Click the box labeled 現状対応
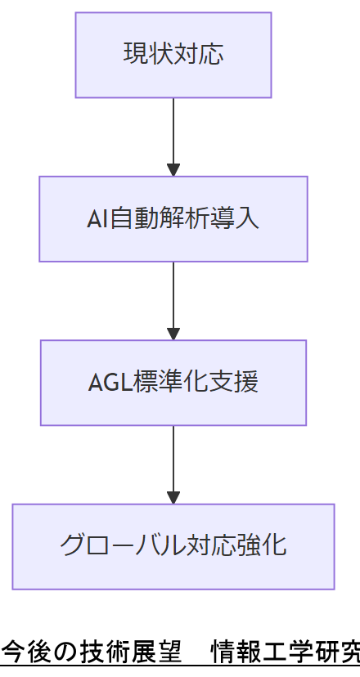click(x=173, y=55)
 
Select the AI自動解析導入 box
click(x=173, y=219)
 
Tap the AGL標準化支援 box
click(x=173, y=383)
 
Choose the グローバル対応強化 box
click(x=173, y=546)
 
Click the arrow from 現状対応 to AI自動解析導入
click(x=173, y=131)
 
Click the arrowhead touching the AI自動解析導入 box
click(x=173, y=170)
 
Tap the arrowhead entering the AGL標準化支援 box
click(x=173, y=334)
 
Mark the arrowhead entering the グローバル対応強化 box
click(x=173, y=497)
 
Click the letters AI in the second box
click(x=97, y=220)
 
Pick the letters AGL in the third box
click(x=106, y=383)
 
